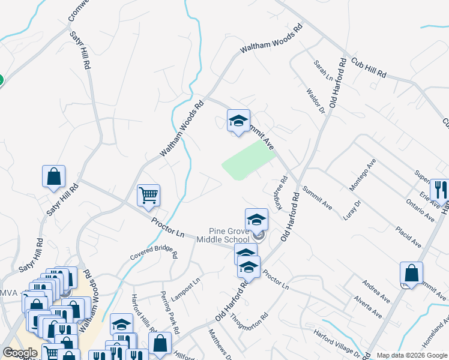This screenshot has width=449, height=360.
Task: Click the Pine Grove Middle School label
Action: (x=229, y=235)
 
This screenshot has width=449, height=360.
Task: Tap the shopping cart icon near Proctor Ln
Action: (x=148, y=194)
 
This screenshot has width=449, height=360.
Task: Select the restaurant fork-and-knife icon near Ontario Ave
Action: (x=439, y=189)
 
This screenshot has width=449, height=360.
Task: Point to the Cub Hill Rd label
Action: (x=369, y=67)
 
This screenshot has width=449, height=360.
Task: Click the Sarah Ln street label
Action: (x=323, y=70)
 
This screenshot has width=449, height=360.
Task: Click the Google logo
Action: (x=20, y=353)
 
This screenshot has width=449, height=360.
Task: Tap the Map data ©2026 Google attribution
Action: (x=412, y=355)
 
